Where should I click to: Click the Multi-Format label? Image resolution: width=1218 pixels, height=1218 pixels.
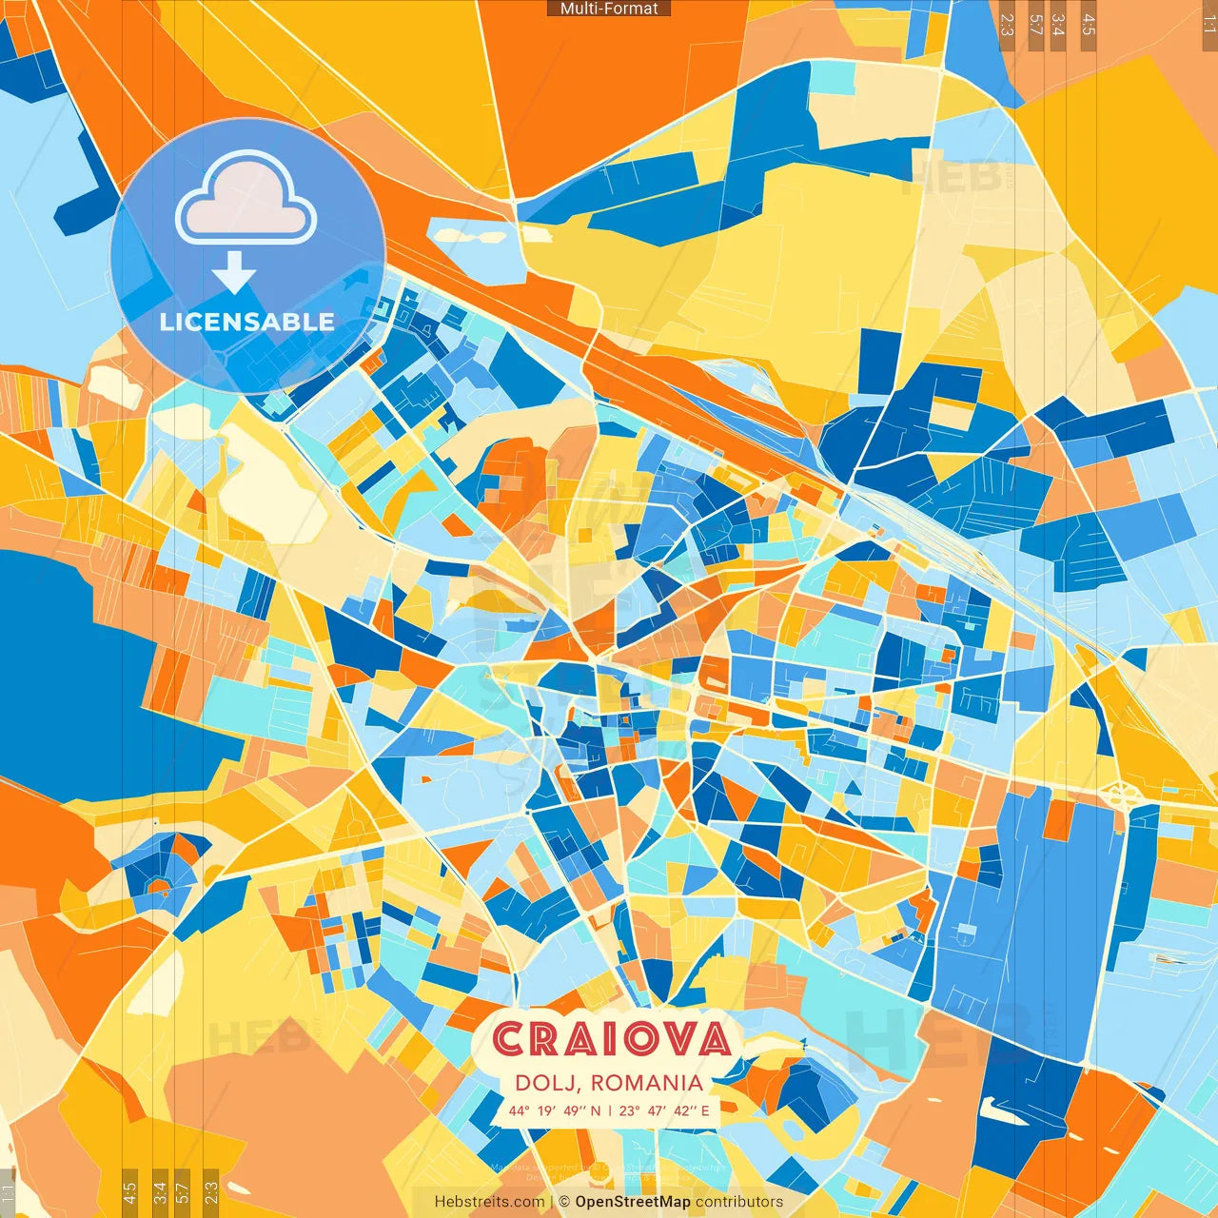pos(609,9)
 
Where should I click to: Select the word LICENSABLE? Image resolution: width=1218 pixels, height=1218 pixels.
pos(246,322)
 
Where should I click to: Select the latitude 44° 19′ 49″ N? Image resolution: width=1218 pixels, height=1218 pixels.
pos(555,1110)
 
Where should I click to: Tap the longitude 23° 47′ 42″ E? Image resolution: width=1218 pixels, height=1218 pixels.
pos(664,1110)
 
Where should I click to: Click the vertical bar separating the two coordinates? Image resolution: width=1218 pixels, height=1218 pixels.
pos(610,1110)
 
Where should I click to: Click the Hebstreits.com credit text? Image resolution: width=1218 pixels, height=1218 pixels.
pos(489,1202)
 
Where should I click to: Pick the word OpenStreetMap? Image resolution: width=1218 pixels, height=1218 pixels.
pos(633,1202)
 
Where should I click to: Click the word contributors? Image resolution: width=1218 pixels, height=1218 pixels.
pos(739,1202)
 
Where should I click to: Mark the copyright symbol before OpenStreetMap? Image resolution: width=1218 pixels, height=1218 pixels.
pos(566,1202)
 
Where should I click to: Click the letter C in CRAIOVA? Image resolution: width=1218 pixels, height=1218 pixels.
pos(511,1039)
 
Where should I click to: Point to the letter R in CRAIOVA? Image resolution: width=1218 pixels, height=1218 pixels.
pos(546,1039)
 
